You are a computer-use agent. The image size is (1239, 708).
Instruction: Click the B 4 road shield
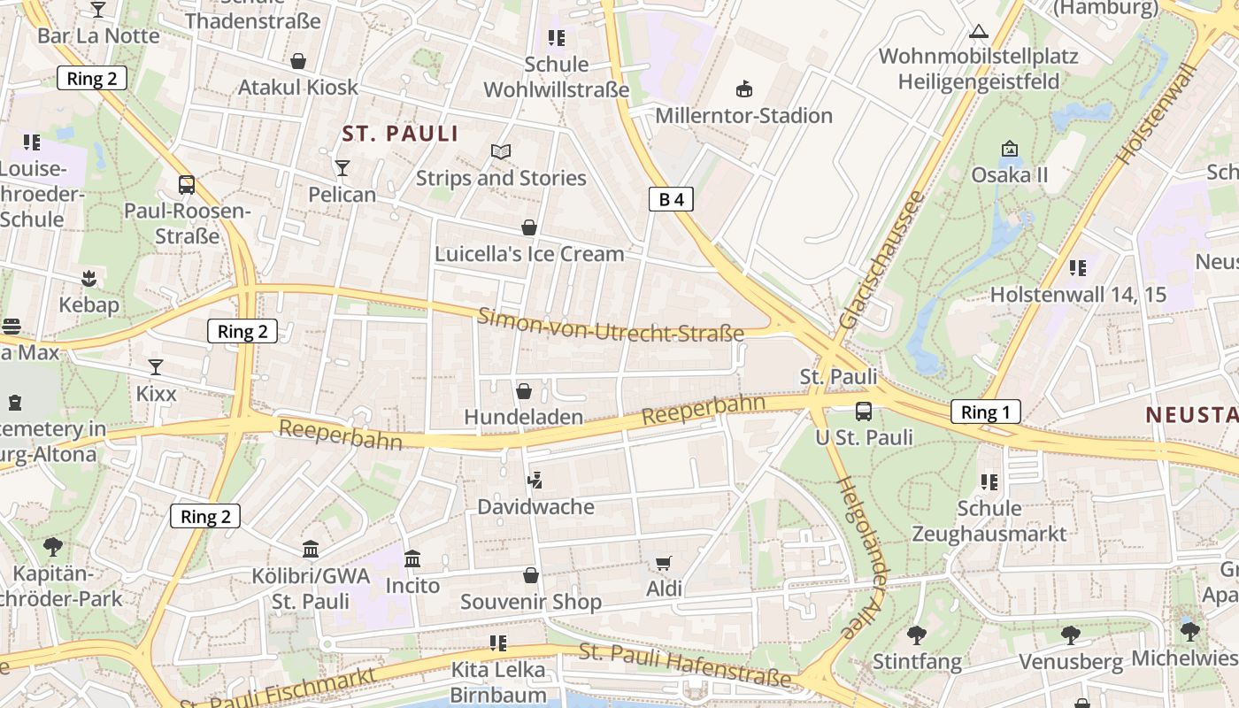pyautogui.click(x=671, y=199)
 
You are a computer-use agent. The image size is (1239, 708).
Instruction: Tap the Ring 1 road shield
pyautogui.click(x=985, y=412)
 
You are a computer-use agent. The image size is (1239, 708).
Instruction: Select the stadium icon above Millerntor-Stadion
pyautogui.click(x=744, y=88)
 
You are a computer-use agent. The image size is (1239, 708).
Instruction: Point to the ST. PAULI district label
pyautogui.click(x=401, y=134)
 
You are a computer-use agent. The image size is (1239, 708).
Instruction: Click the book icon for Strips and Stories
pyautogui.click(x=501, y=151)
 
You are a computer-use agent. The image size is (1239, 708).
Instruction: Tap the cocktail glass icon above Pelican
pyautogui.click(x=342, y=167)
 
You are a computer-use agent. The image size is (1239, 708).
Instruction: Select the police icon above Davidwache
pyautogui.click(x=534, y=481)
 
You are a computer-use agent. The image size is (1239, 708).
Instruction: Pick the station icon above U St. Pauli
pyautogui.click(x=863, y=412)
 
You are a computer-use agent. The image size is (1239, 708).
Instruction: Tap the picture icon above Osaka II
pyautogui.click(x=1009, y=148)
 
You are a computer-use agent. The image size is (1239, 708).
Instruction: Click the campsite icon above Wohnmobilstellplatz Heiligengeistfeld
pyautogui.click(x=978, y=32)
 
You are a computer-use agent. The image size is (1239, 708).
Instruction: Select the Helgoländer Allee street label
pyautogui.click(x=860, y=558)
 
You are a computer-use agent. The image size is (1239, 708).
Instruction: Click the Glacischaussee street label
pyautogui.click(x=881, y=259)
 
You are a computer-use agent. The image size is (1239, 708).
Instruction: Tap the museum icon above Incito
pyautogui.click(x=412, y=559)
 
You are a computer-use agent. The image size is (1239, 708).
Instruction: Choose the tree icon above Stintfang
pyautogui.click(x=916, y=635)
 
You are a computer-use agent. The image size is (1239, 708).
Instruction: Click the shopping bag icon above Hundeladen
pyautogui.click(x=524, y=390)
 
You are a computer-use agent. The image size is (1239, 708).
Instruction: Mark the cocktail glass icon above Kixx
pyautogui.click(x=156, y=366)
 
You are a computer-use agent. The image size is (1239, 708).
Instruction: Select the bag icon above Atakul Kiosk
pyautogui.click(x=298, y=61)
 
